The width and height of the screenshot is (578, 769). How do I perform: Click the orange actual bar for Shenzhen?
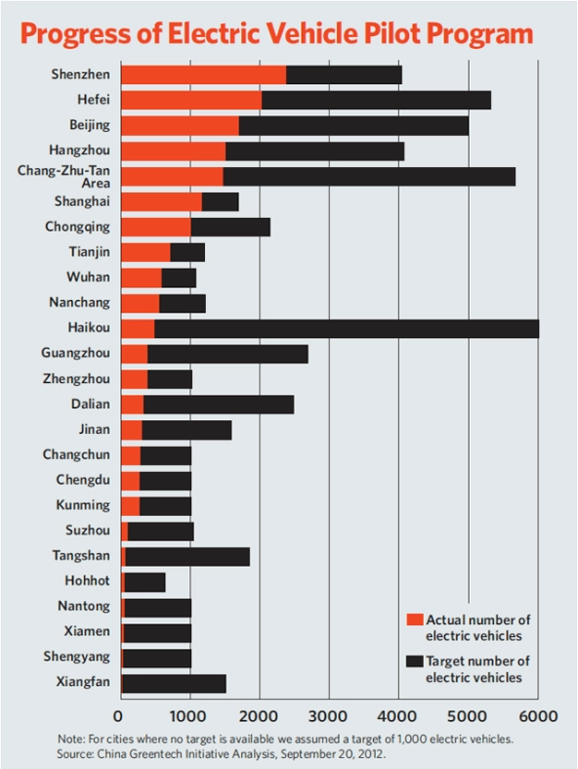coord(203,74)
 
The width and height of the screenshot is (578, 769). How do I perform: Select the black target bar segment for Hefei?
coord(376,100)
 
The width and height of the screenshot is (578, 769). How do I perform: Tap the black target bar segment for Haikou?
coord(346,328)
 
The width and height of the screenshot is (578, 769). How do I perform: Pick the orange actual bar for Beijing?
coord(180,125)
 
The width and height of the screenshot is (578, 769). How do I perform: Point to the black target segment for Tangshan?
coord(187,557)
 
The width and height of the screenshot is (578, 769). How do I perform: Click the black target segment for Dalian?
coord(218,405)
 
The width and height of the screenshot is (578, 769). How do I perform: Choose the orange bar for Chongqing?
coord(155,227)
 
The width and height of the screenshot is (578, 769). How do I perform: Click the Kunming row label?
coord(83,505)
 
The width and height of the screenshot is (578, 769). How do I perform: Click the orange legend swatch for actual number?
coord(415,619)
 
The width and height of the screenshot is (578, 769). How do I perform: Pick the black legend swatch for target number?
coord(415,662)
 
